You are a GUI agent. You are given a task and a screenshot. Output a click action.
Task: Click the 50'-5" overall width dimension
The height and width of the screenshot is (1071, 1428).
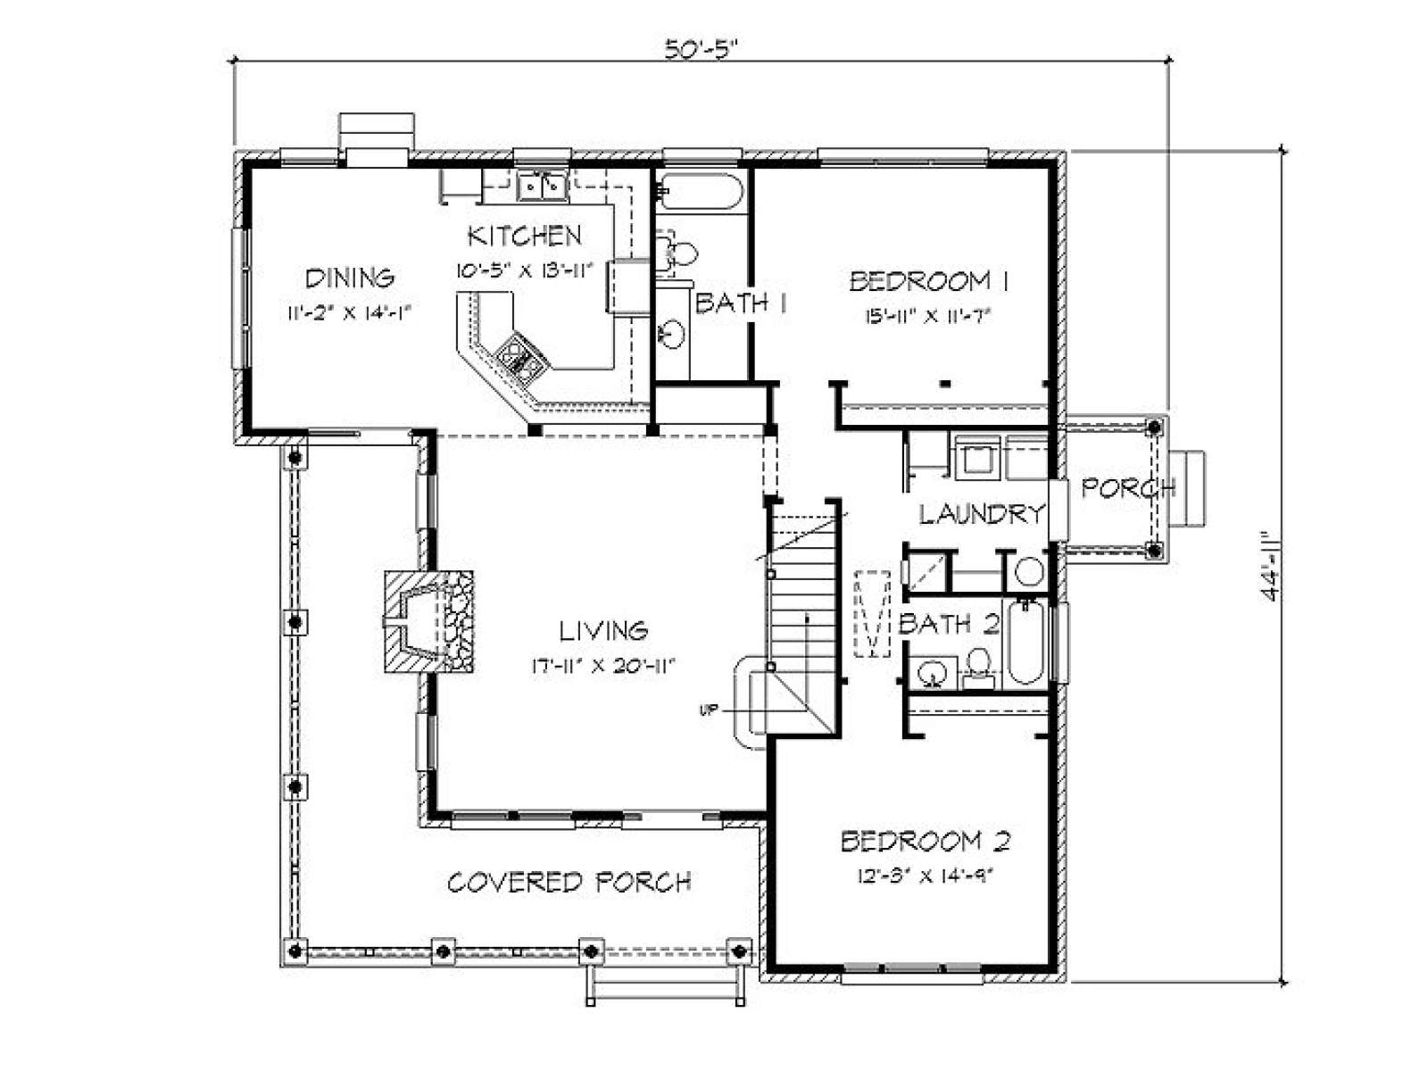702,49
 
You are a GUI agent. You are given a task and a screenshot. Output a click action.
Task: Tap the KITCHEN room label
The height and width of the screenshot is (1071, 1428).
525,236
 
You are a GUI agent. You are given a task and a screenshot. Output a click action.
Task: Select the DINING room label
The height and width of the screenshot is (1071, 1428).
350,278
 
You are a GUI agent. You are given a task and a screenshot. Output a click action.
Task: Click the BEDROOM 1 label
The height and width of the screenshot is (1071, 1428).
928,281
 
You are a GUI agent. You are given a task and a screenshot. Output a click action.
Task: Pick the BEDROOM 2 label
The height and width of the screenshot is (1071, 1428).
926,842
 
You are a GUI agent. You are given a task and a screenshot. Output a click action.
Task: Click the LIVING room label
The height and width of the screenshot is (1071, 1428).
603,630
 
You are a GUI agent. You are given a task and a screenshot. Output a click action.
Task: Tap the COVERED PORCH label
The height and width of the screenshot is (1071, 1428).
569,883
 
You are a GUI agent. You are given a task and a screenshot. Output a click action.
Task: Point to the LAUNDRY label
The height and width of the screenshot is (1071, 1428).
980,514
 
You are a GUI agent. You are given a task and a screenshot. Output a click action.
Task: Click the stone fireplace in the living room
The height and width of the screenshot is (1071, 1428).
428,622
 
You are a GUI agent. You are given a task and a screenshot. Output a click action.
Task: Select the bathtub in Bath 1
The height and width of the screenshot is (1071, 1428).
700,191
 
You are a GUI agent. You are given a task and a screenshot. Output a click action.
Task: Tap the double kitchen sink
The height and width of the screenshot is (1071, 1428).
541,187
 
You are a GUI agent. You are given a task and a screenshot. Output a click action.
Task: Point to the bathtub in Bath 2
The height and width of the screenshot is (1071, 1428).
1026,642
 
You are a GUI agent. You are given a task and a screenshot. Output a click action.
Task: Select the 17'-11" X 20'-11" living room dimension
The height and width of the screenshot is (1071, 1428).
603,667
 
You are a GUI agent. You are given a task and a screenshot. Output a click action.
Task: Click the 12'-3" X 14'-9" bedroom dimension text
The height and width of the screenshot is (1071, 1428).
926,877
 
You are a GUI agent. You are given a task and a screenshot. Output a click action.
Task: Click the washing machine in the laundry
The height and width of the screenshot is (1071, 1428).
976,460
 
